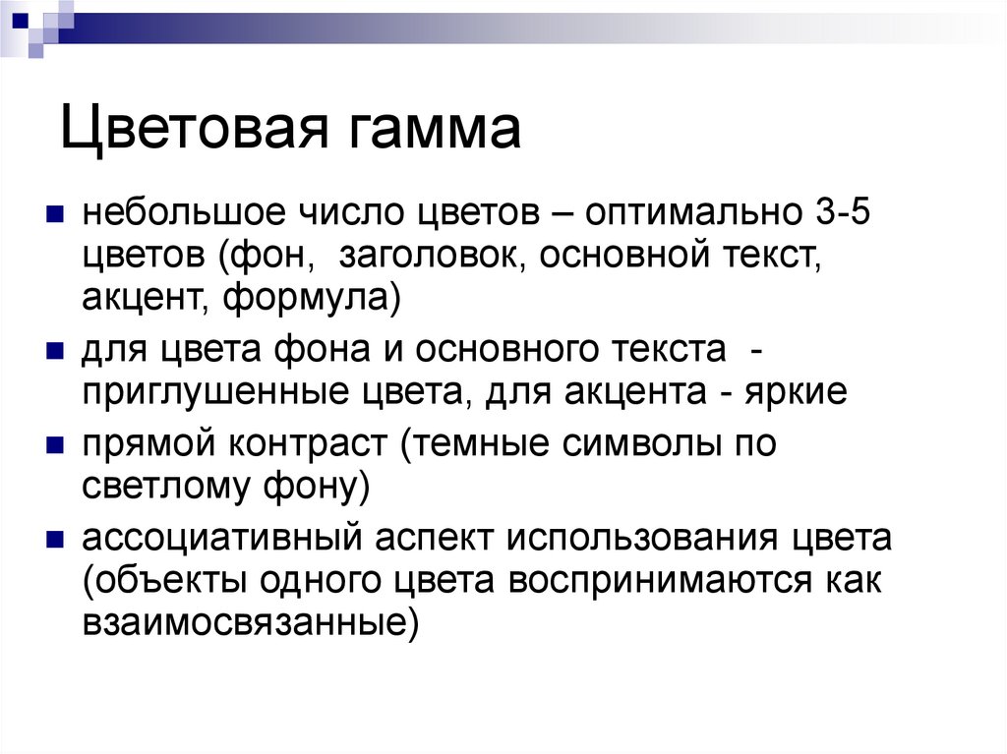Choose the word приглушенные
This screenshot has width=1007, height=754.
click(201, 392)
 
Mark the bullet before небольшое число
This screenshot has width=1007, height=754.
click(56, 213)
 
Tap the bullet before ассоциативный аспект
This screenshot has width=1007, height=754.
click(56, 540)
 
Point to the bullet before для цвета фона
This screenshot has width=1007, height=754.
click(56, 351)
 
